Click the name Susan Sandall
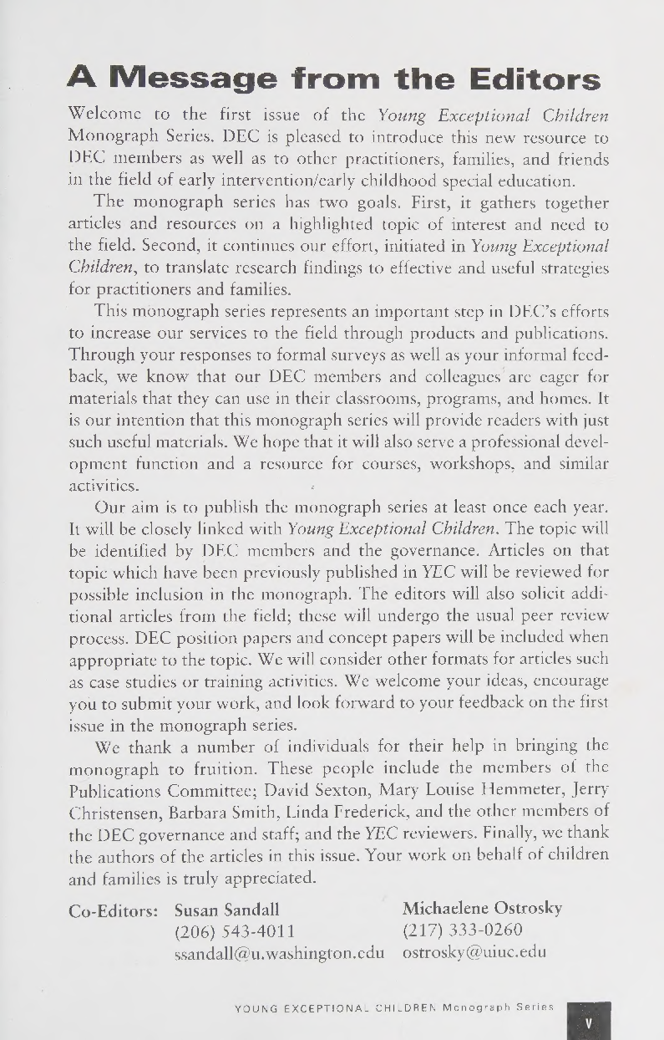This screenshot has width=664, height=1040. [226, 909]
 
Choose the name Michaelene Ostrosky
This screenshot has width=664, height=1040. [483, 908]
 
